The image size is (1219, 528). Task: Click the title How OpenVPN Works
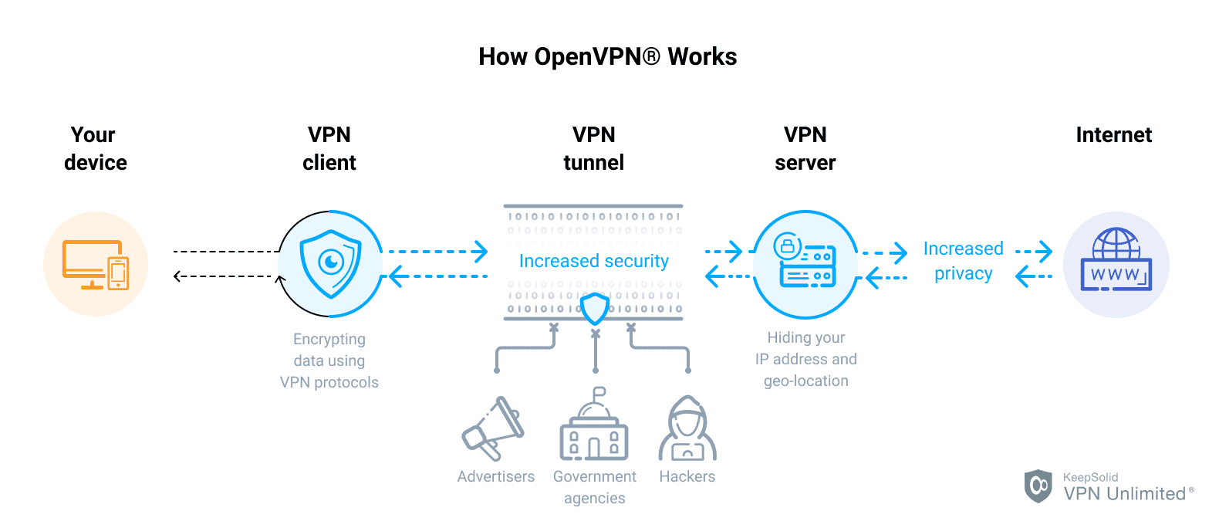point(607,56)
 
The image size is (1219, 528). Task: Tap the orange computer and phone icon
point(96,264)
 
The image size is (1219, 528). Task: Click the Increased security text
point(593,261)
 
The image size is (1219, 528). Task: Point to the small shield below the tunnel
point(595,309)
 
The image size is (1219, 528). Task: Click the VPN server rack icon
point(805,262)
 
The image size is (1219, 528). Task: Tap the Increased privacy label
point(963,261)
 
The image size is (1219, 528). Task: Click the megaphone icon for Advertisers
point(493,429)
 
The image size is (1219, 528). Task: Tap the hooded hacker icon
point(687,429)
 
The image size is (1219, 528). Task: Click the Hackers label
point(687,476)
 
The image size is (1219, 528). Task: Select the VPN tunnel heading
point(593,148)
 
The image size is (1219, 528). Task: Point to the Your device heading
point(95,148)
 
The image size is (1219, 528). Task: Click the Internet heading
point(1113,135)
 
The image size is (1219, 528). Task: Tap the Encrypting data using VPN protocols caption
point(329,360)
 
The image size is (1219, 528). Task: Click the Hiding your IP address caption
point(805,359)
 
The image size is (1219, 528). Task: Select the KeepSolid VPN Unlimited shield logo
point(1038,486)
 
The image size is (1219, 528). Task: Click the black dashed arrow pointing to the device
point(224,276)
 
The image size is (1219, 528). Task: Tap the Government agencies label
point(594,487)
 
